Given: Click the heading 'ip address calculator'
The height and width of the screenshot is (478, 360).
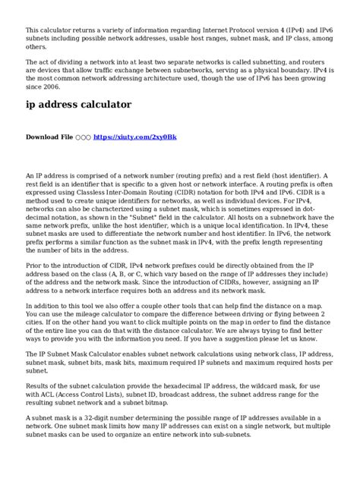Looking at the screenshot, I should tap(78, 104).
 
